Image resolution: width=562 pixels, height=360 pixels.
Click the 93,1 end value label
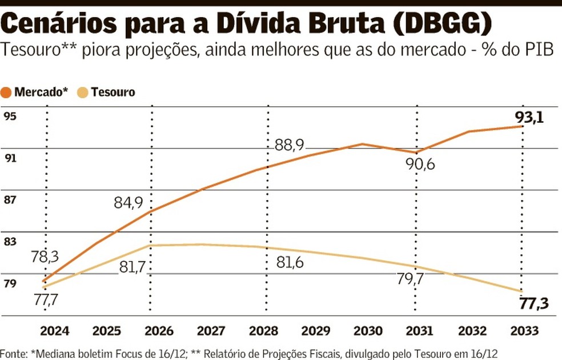click(529, 118)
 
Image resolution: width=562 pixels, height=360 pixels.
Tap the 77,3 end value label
click(535, 303)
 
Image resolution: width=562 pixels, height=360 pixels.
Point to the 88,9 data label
click(289, 145)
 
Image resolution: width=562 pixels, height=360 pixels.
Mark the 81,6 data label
click(289, 263)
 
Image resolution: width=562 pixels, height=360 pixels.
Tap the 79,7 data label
click(409, 279)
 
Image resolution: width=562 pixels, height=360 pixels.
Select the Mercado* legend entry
click(35, 92)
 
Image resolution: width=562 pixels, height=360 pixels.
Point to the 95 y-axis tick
click(10, 117)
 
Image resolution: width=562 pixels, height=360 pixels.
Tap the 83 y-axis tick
click(10, 242)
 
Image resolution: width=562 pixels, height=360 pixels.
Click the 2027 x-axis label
click(212, 331)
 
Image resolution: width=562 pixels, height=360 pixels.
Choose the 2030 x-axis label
click(369, 331)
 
